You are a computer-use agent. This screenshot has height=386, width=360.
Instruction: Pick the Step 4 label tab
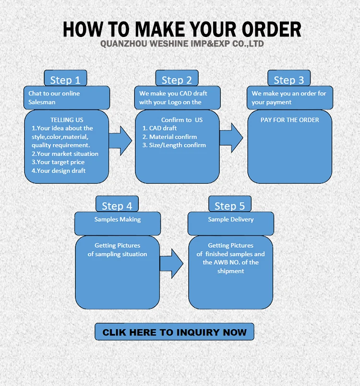[x=117, y=205]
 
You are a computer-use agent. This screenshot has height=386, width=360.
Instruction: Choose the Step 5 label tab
[x=229, y=205]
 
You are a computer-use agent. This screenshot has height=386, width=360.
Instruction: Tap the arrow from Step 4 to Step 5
[x=171, y=263]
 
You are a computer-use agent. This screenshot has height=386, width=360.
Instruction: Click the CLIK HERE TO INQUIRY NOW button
[x=174, y=332]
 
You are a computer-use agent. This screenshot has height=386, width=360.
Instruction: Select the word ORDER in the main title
[x=265, y=29]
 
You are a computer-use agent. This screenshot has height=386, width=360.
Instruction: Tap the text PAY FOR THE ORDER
[x=289, y=120]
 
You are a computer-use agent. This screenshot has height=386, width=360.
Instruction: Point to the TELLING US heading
[x=67, y=120]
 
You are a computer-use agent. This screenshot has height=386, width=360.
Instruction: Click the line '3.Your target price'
[x=58, y=162]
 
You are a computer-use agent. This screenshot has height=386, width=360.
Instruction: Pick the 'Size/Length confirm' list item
[x=174, y=145]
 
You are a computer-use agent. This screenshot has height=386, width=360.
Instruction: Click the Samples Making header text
[x=118, y=219]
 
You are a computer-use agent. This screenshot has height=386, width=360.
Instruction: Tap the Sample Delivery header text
[x=231, y=219]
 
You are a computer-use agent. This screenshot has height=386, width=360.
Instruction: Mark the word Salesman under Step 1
[x=42, y=102]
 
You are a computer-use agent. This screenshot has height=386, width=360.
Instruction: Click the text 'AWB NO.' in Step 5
[x=230, y=263]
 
